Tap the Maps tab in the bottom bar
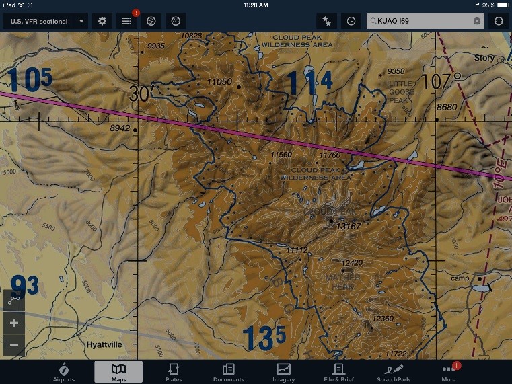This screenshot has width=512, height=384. (x=118, y=372)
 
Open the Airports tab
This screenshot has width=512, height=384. (x=64, y=372)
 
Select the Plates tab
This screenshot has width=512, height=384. (x=174, y=372)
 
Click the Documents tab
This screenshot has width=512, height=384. (x=228, y=372)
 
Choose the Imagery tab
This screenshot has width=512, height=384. (x=283, y=372)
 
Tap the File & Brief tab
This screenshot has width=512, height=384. (x=338, y=372)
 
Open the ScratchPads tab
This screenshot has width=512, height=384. (x=394, y=372)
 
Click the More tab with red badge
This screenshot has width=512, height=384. (x=449, y=372)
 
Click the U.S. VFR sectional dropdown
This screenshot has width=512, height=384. (x=45, y=21)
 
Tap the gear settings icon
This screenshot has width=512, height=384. (x=102, y=21)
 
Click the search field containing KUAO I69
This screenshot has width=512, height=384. (x=424, y=21)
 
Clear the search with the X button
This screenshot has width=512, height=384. (x=477, y=21)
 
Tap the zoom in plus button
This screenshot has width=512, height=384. (x=13, y=323)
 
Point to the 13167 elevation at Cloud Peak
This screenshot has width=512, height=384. (x=349, y=226)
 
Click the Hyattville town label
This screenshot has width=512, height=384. (x=104, y=344)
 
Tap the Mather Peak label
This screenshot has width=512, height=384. (x=342, y=282)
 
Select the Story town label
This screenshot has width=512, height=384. (x=484, y=59)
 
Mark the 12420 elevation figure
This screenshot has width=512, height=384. (x=352, y=263)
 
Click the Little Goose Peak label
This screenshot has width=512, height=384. (x=402, y=92)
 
